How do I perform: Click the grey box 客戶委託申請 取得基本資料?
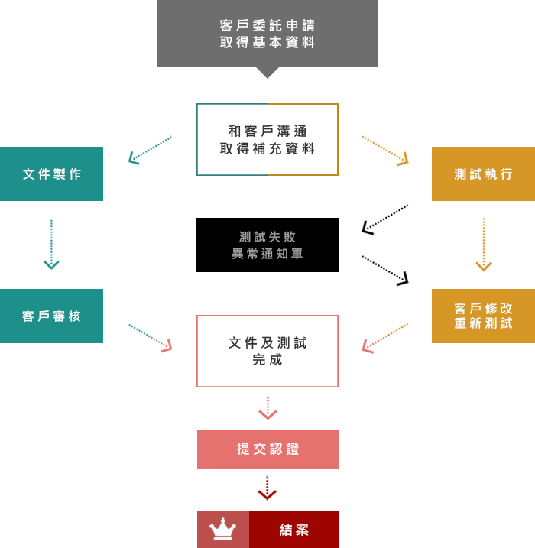[267, 34]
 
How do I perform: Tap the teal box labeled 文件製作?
[51, 173]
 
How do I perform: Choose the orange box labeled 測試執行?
[483, 173]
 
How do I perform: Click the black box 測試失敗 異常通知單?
[267, 245]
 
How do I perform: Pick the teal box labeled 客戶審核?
[51, 316]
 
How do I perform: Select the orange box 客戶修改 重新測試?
[483, 316]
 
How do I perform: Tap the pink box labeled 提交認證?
[268, 449]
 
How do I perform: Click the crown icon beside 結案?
[222, 529]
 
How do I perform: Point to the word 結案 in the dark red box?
[294, 530]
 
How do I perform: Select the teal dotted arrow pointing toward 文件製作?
[150, 151]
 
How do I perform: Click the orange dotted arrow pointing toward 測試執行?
[385, 151]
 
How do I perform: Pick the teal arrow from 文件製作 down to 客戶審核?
[51, 245]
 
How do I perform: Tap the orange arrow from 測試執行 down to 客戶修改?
[484, 245]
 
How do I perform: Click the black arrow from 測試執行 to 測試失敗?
[384, 220]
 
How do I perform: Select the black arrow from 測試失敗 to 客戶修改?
[385, 271]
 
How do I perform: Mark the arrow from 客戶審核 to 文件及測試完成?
[151, 338]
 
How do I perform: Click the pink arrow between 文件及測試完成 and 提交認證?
[267, 408]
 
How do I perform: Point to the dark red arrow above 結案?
[267, 488]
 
